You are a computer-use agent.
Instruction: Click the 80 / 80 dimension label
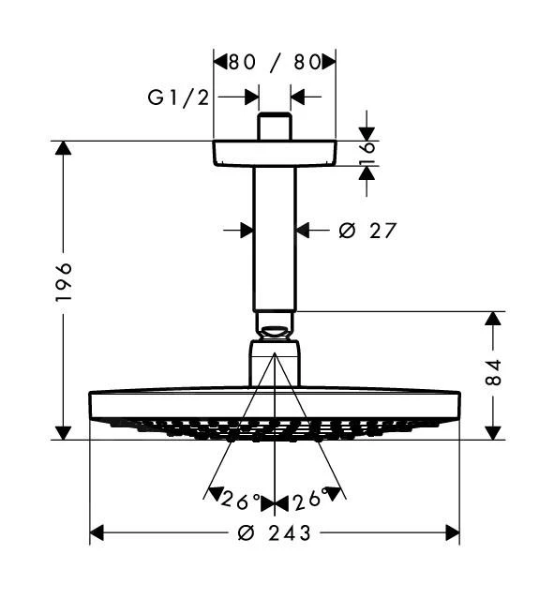click(274, 63)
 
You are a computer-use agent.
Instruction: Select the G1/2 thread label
click(178, 97)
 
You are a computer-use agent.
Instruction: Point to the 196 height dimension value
click(63, 281)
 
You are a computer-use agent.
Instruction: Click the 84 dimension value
click(494, 372)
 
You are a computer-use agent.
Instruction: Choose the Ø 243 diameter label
click(274, 533)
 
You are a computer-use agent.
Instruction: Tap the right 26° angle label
click(308, 499)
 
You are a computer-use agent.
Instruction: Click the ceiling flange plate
click(274, 155)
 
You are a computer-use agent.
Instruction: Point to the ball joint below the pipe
click(274, 327)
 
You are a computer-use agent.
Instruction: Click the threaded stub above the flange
click(274, 127)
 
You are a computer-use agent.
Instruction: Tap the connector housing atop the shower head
click(274, 364)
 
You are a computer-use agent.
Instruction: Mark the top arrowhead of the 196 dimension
click(63, 149)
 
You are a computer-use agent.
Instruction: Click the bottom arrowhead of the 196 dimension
click(63, 431)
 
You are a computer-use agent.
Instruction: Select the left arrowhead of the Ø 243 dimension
click(97, 533)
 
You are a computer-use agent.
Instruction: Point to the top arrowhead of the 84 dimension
click(494, 319)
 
